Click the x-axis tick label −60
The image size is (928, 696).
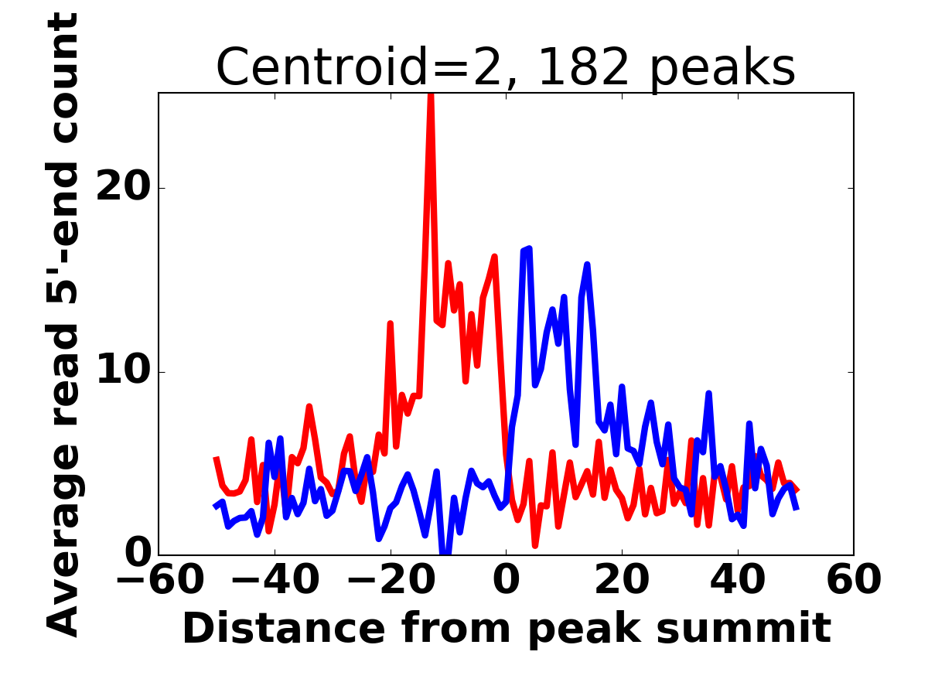pos(160,580)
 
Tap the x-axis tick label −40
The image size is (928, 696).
pos(275,580)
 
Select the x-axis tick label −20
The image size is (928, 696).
pos(391,580)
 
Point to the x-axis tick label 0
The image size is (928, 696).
pos(506,580)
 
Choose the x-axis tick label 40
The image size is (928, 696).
pos(737,580)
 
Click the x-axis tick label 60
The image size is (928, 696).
pos(854,580)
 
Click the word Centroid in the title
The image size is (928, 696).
pos(322,67)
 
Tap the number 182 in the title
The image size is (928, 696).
pos(584,67)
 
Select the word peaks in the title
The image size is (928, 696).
pos(723,70)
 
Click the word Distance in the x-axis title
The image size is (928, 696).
pos(284,629)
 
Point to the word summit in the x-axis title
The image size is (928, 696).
pos(744,629)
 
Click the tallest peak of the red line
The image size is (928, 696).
pos(431,94)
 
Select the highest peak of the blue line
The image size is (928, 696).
pos(529,248)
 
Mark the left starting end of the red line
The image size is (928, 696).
pos(216,458)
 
